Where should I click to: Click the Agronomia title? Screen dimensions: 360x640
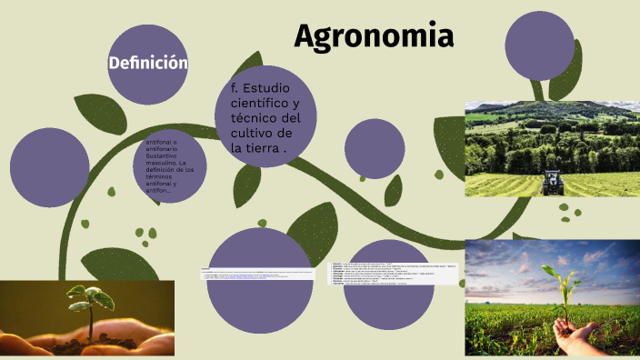(x=374, y=36)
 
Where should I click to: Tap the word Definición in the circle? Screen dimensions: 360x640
(x=148, y=63)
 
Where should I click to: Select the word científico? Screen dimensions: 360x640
(x=251, y=104)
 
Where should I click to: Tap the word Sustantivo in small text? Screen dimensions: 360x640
(x=163, y=156)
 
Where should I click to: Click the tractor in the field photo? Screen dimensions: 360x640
(x=553, y=181)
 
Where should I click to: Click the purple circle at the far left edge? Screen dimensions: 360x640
(x=51, y=167)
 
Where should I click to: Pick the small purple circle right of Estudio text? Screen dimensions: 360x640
(x=375, y=148)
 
